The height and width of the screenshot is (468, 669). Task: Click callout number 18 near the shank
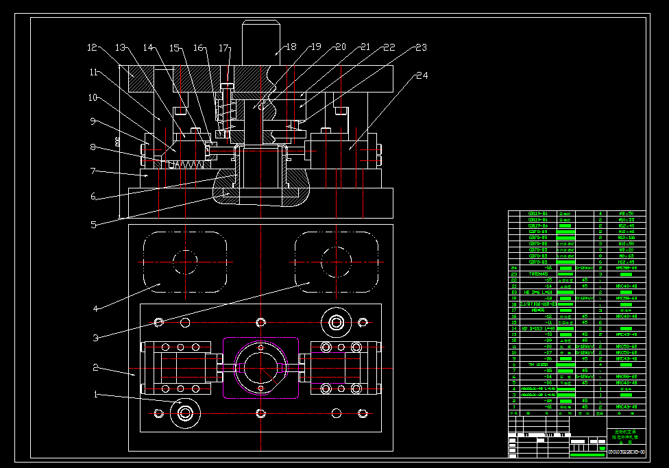tap(291, 48)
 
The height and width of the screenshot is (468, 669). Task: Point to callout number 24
tap(422, 75)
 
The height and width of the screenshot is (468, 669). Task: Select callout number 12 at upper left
tap(93, 48)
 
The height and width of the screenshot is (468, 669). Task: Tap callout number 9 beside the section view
tap(96, 122)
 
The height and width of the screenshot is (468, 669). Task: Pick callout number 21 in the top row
tap(365, 48)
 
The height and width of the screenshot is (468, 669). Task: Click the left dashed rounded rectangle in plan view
tap(184, 261)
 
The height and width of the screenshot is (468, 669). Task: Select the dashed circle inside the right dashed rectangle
tap(337, 261)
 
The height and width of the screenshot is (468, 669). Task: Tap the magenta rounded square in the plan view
tap(260, 367)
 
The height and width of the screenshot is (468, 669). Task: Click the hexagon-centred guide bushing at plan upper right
tap(336, 321)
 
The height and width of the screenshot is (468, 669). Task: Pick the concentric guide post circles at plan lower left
tap(184, 412)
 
